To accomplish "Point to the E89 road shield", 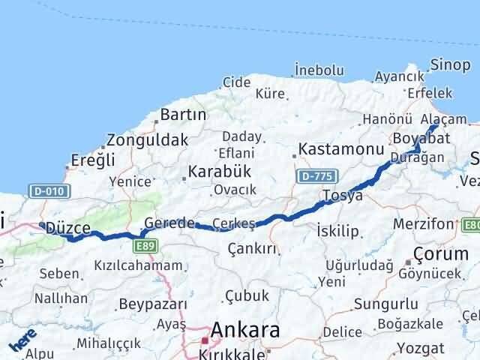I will pyautogui.click(x=145, y=245).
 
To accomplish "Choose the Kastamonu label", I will pyautogui.click(x=340, y=149).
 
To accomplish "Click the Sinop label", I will pyautogui.click(x=455, y=64).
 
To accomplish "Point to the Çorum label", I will pyautogui.click(x=442, y=253).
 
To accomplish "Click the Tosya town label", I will pyautogui.click(x=342, y=196).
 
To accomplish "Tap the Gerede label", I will pyautogui.click(x=169, y=223).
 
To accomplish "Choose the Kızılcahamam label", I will pyautogui.click(x=138, y=265).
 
